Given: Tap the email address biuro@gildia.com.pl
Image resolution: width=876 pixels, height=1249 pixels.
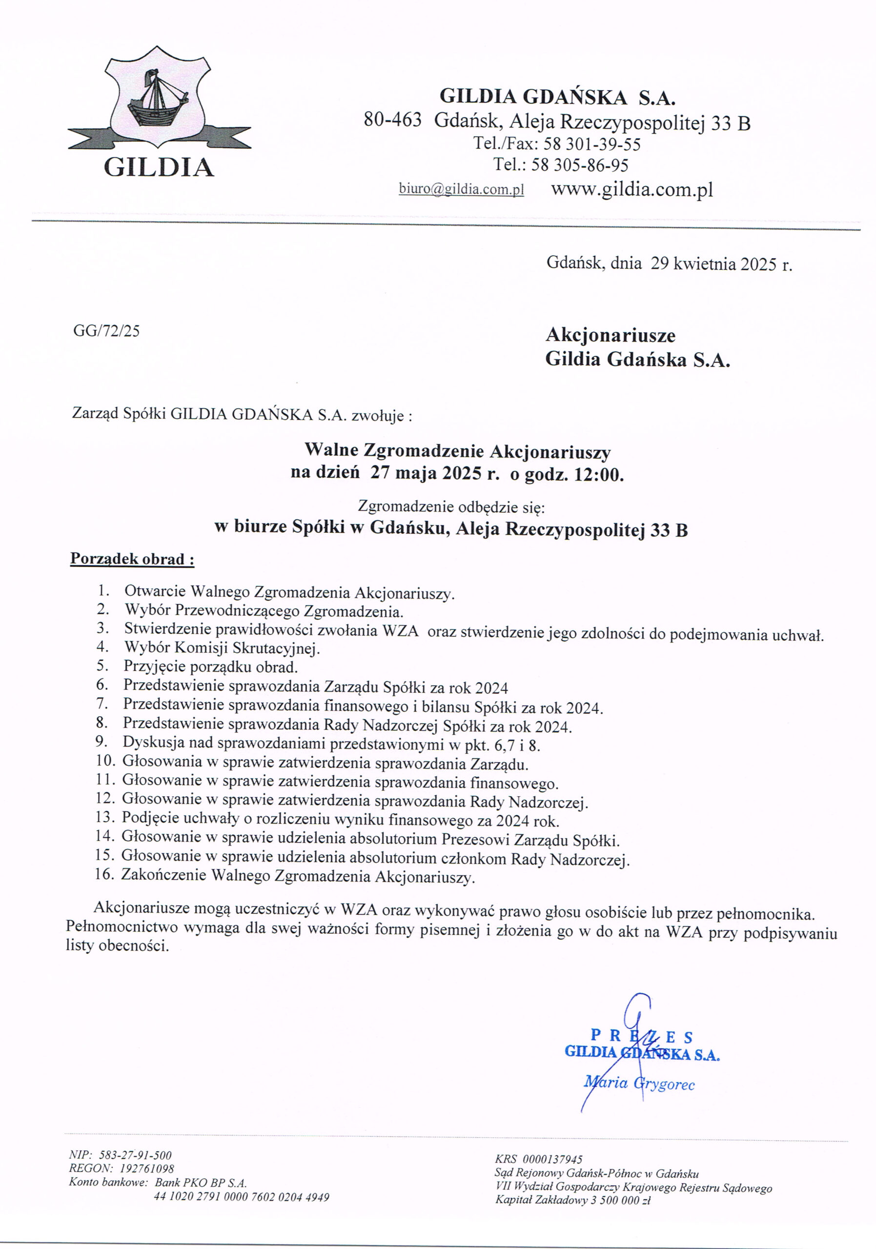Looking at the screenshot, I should [461, 189].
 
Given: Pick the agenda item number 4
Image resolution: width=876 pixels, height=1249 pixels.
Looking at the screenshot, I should [103, 647].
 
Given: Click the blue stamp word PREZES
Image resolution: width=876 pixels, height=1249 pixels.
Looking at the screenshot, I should [641, 1036].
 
